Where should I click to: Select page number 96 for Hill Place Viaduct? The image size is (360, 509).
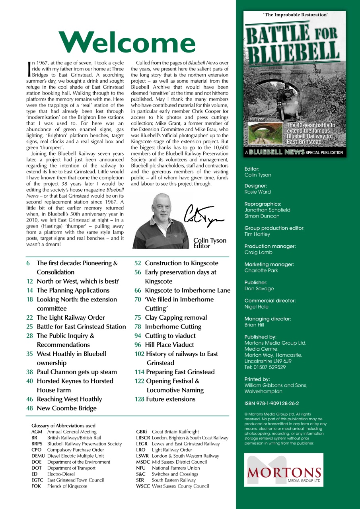tap(138, 345)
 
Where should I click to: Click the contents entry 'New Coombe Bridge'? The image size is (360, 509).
tap(66, 408)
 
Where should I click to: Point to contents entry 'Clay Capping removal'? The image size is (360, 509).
tap(176, 317)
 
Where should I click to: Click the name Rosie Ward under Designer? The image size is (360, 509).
tap(257, 192)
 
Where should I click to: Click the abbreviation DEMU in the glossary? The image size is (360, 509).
tap(38, 456)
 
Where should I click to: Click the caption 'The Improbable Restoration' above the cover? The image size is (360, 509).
tap(295, 15)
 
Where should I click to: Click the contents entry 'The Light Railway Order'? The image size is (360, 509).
tap(71, 317)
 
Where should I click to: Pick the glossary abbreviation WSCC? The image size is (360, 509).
tap(142, 486)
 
